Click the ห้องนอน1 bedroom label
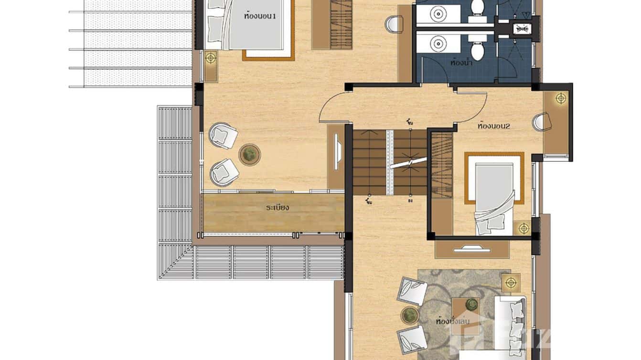pos(259,16)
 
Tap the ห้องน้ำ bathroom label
pos(461,62)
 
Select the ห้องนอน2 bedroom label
pos(494,127)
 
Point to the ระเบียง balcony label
pos(278,208)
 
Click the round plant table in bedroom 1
pos(249,154)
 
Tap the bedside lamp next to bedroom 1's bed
pos(210,58)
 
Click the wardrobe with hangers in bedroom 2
pos(442,165)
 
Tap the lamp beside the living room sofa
pos(512,282)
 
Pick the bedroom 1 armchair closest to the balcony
pos(224,171)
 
